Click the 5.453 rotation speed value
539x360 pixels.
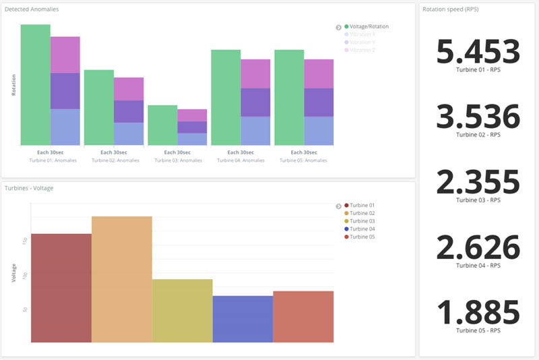(478, 52)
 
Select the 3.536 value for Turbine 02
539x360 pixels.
(478, 117)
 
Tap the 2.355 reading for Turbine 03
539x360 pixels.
(478, 182)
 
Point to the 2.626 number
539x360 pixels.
(478, 247)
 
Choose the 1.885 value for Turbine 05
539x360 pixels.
(478, 313)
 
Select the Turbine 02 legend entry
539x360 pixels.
(362, 213)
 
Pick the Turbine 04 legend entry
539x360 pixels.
(362, 229)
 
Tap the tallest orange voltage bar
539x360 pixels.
(121, 279)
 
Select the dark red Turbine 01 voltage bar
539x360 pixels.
(61, 288)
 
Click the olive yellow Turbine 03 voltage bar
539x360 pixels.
(182, 310)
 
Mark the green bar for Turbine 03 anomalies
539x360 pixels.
(162, 125)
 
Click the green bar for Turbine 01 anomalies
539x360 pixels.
(35, 84)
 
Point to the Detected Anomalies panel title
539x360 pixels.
(32, 9)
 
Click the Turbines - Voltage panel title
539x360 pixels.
(29, 188)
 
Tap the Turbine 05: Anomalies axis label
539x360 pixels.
(303, 160)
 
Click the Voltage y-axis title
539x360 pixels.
(14, 272)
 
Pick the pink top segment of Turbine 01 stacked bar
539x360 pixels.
(65, 55)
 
